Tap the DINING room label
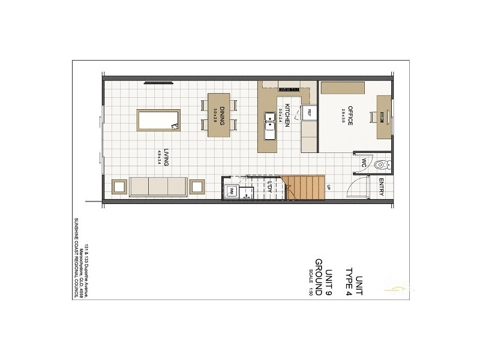221,114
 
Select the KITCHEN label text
288,115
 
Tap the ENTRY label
382,189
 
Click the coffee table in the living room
158,119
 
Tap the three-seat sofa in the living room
158,186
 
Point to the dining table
219,115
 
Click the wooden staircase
305,188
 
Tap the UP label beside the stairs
329,188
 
